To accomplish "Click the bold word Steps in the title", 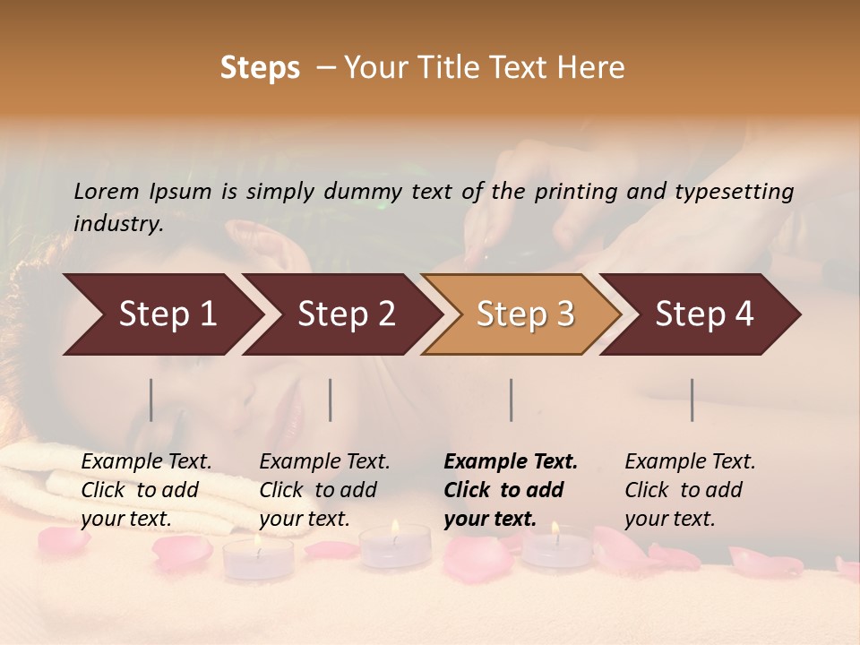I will click(260, 68).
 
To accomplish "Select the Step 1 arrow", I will click(161, 314).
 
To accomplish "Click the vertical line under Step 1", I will click(151, 400).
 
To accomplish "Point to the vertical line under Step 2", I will click(331, 400).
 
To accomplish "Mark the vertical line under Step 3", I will click(512, 400).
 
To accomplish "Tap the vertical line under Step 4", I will click(692, 400).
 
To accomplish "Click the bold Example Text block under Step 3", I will click(511, 490).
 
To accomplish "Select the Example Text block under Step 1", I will click(146, 490).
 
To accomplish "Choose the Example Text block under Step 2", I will click(324, 490).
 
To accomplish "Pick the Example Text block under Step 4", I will click(690, 490).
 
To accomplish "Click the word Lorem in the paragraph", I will click(107, 191).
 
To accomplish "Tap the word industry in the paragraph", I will click(118, 224).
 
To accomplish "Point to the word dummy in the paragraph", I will click(367, 191).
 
